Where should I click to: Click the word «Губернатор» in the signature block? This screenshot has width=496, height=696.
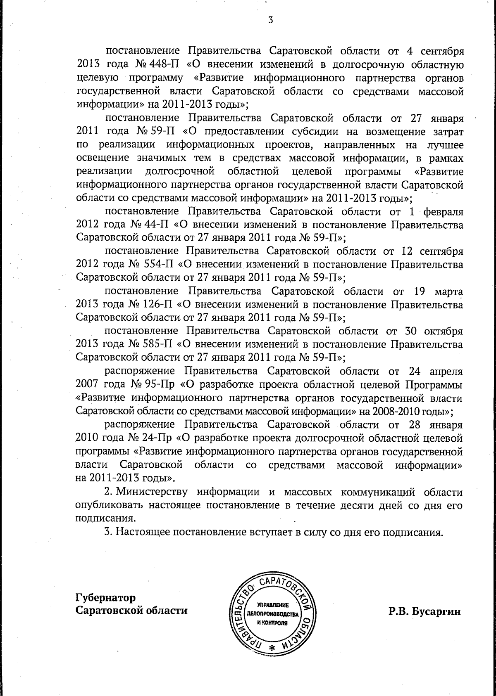pyautogui.click(x=105, y=598)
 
